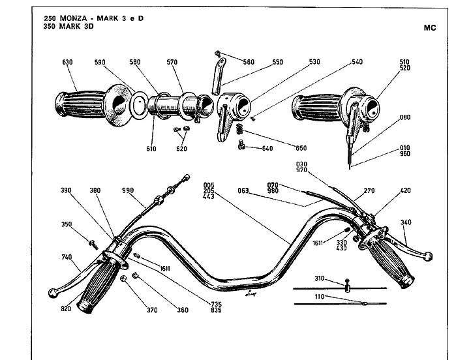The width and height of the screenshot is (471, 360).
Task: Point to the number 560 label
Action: click(249, 62)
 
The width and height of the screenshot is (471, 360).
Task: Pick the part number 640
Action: click(267, 149)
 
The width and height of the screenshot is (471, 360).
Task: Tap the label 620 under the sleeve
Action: click(181, 149)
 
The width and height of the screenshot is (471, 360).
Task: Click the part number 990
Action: click(128, 190)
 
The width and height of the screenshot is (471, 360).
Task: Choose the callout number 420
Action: click(405, 192)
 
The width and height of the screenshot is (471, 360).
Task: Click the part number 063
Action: click(243, 192)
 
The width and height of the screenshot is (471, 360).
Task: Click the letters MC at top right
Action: click(429, 28)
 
